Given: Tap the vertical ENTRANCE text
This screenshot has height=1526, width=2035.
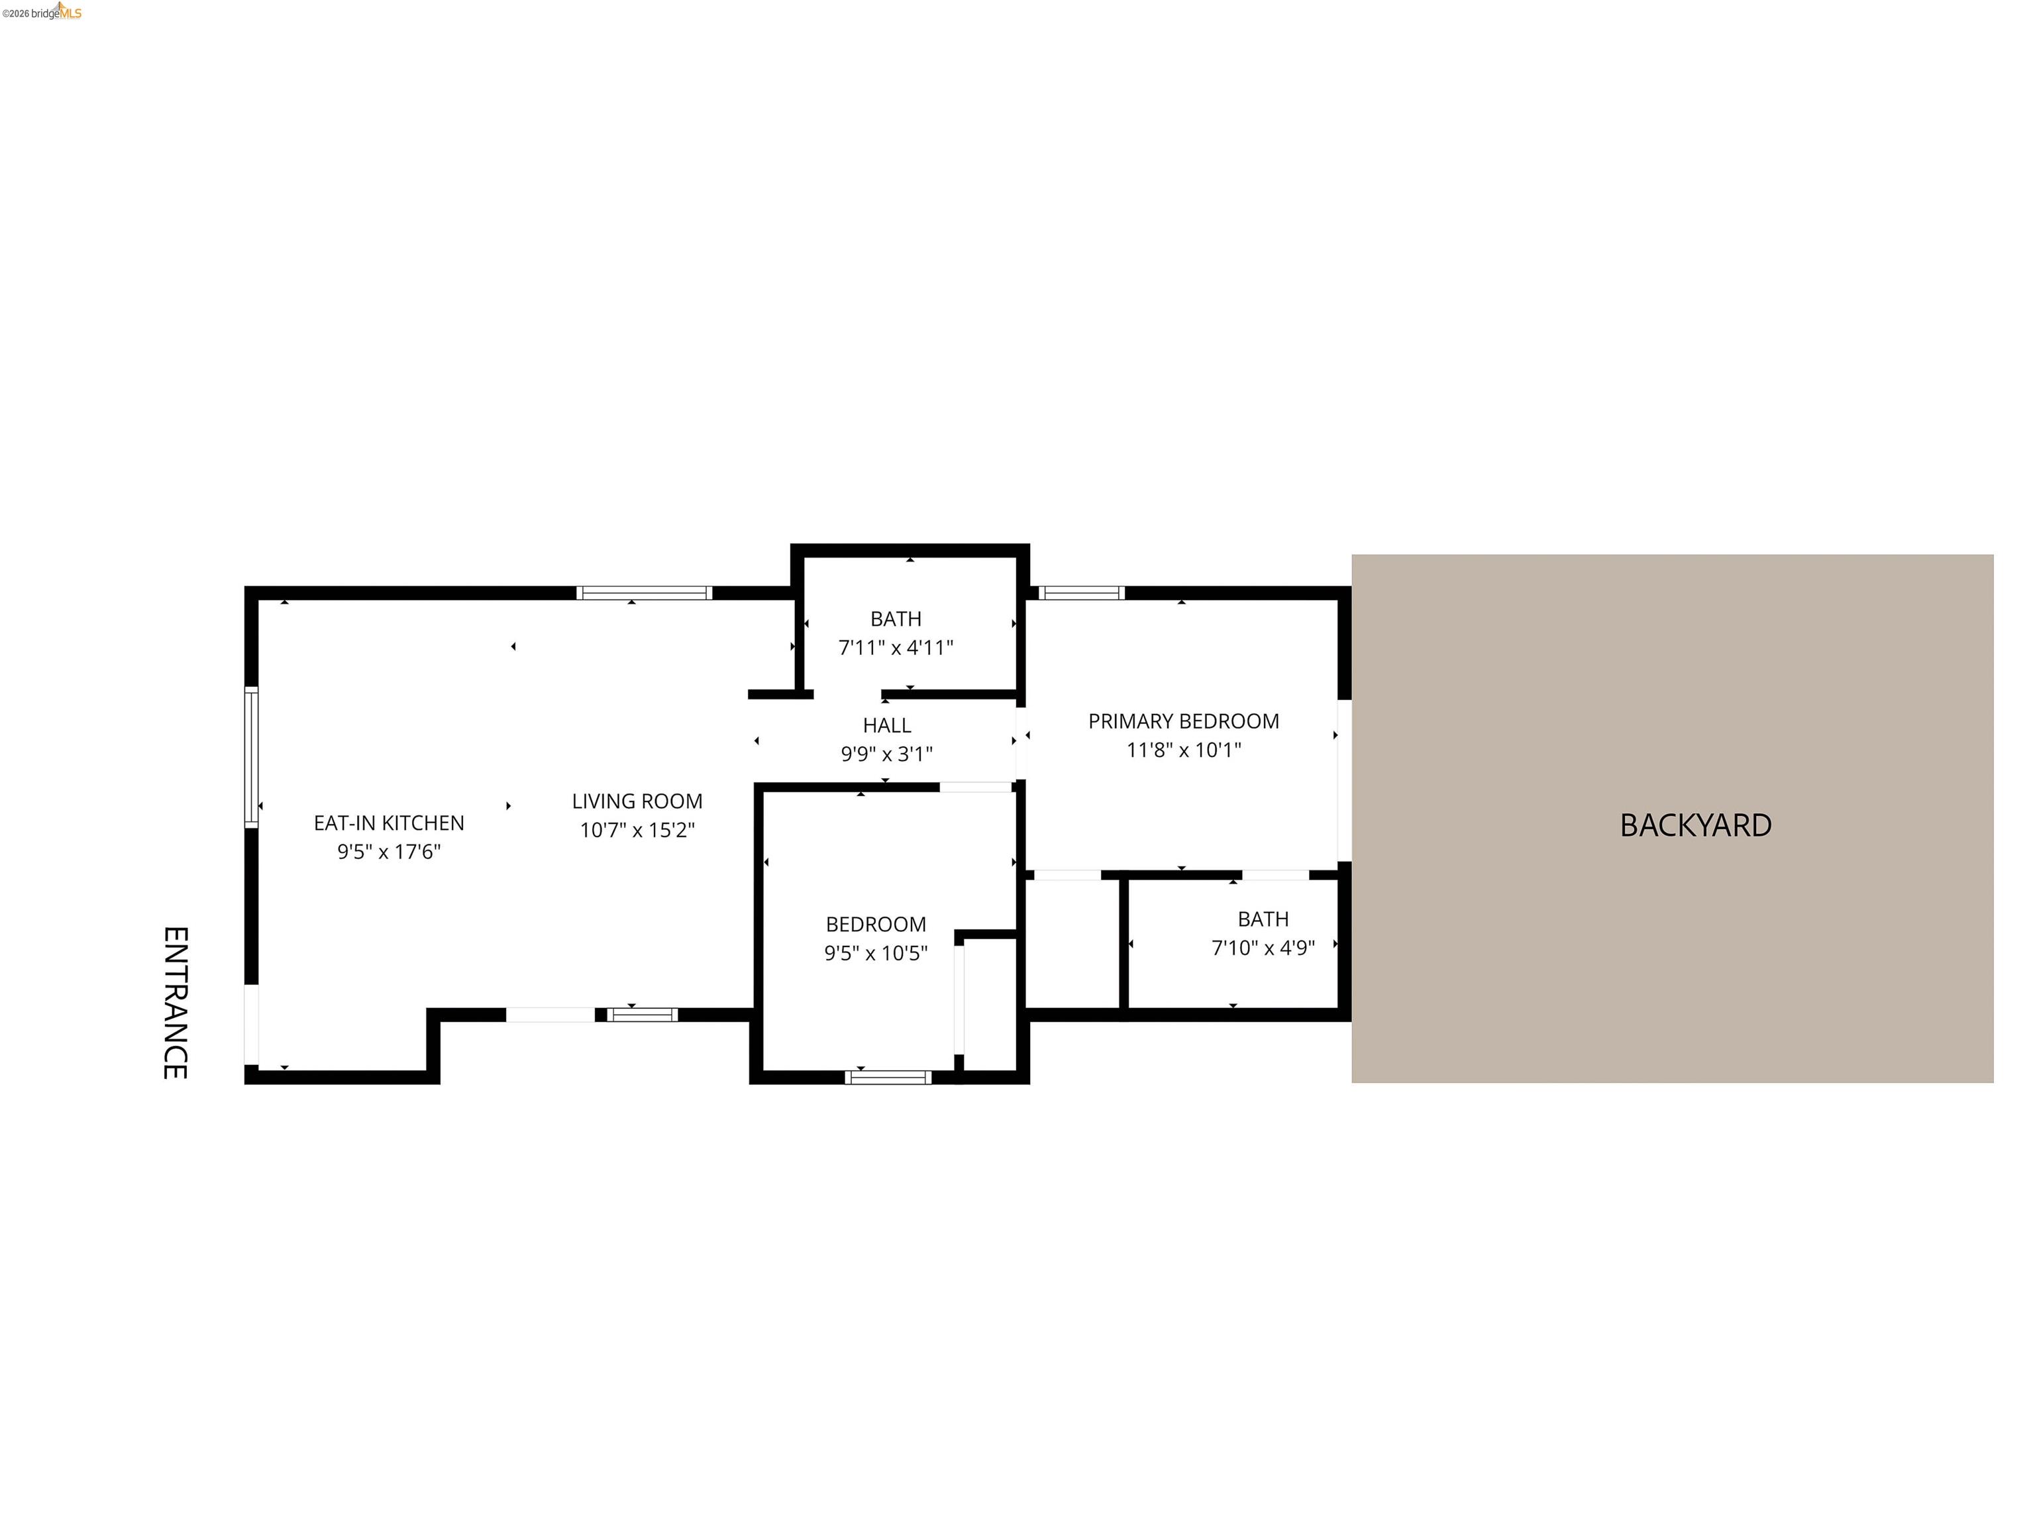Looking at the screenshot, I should [x=176, y=1003].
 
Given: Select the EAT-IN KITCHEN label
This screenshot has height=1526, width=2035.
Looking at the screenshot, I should [x=388, y=823].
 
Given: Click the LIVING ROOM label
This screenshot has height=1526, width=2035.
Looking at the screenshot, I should [x=637, y=801].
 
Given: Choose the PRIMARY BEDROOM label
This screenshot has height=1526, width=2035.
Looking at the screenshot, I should [x=1183, y=721].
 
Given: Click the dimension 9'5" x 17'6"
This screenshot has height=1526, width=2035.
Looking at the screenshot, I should [x=388, y=852].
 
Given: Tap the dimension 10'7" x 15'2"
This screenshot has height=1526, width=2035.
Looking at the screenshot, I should [x=637, y=830].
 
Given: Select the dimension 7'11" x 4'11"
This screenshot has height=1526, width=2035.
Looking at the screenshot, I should [x=895, y=648].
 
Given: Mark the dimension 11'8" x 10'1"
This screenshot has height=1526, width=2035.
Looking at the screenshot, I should [x=1183, y=750].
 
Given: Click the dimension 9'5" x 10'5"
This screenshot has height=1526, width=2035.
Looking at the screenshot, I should [x=875, y=953].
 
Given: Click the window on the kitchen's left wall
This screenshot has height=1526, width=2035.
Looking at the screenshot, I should [x=251, y=756].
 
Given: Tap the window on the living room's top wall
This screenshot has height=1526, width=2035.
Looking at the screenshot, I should [x=644, y=593].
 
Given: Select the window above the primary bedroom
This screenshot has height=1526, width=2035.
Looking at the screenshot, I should [x=1081, y=593].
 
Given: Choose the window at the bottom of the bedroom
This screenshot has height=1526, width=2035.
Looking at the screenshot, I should [x=888, y=1077].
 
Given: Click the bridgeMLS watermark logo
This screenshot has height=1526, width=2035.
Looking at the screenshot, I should [x=42, y=12].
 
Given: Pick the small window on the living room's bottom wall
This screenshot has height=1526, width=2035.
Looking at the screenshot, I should [x=642, y=1015].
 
